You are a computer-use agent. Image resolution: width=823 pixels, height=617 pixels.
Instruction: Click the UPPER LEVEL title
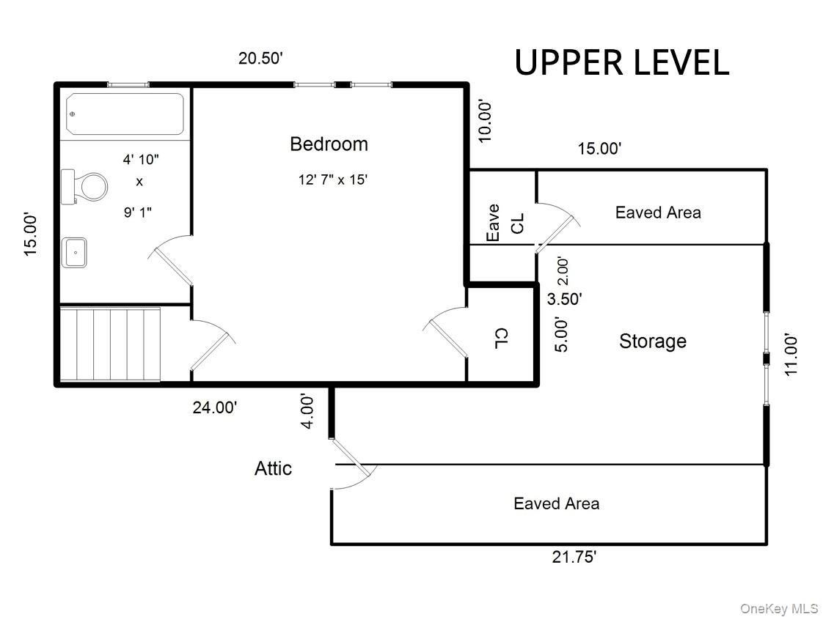(621, 62)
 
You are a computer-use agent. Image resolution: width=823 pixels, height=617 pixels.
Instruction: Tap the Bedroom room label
(329, 144)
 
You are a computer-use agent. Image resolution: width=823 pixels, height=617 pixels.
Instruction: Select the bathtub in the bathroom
(125, 114)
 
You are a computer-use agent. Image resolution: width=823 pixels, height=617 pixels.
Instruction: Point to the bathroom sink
(74, 252)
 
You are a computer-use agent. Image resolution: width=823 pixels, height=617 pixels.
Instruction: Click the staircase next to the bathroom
(109, 344)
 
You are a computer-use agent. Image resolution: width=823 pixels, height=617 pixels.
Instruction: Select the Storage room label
(653, 341)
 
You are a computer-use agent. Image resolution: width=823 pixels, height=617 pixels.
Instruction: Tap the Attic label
(273, 468)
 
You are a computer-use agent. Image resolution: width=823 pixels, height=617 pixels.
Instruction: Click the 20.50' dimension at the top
(260, 59)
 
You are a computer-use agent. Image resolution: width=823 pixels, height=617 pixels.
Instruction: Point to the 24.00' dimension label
(214, 407)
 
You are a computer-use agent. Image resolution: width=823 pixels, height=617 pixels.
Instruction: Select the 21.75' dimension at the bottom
(574, 557)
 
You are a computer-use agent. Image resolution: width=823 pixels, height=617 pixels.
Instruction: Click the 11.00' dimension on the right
(791, 355)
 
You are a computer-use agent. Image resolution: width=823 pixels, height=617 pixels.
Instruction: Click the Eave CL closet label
(505, 222)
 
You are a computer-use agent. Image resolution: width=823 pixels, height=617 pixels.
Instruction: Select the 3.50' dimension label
(565, 299)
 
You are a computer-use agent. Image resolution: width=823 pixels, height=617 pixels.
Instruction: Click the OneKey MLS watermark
(778, 608)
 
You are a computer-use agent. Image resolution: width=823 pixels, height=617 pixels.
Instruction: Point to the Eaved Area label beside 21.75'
(556, 503)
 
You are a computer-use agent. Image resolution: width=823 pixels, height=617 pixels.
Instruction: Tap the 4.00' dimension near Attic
(308, 411)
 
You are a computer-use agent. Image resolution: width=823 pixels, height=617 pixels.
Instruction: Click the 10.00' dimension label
(486, 120)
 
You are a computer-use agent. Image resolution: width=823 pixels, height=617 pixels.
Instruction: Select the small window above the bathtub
(128, 84)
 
